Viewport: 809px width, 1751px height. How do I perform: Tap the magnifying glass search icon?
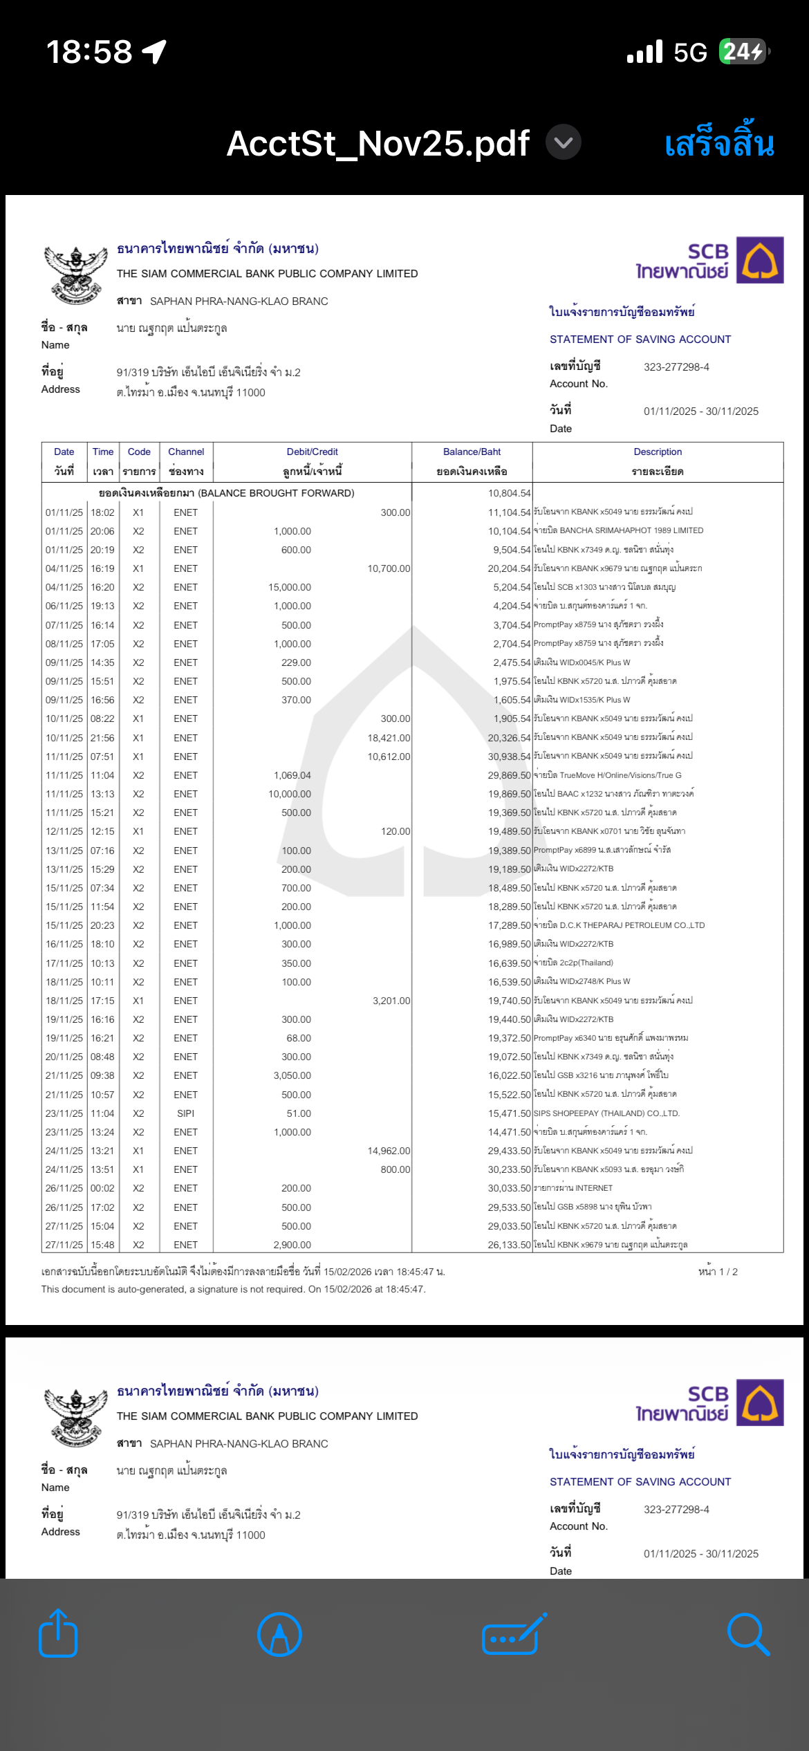[x=748, y=1635]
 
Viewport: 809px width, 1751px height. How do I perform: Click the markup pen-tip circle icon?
[x=279, y=1635]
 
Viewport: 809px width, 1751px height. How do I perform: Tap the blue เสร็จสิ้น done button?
[x=719, y=143]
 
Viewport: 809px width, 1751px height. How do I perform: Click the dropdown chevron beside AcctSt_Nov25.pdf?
[x=564, y=142]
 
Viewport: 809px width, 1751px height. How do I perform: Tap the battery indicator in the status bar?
[x=744, y=52]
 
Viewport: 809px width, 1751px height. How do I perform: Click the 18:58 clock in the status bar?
[x=89, y=52]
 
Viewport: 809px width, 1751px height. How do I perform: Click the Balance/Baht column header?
[x=472, y=452]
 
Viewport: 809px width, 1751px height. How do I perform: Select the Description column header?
[x=658, y=452]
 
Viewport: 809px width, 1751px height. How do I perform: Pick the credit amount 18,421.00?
[x=389, y=738]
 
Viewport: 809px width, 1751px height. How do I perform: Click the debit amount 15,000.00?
[x=290, y=587]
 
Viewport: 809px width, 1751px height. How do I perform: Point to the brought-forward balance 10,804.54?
[x=509, y=493]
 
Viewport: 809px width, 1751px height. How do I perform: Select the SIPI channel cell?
[x=185, y=1113]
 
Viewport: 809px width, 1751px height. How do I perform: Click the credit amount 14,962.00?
[x=389, y=1151]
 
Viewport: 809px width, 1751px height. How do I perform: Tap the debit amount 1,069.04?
[x=292, y=775]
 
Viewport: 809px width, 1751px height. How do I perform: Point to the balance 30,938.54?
[x=509, y=757]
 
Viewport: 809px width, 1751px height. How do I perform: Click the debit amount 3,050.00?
[x=292, y=1075]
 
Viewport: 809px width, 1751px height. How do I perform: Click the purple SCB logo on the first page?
[x=759, y=260]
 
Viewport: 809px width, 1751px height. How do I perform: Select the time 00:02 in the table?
[x=102, y=1188]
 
